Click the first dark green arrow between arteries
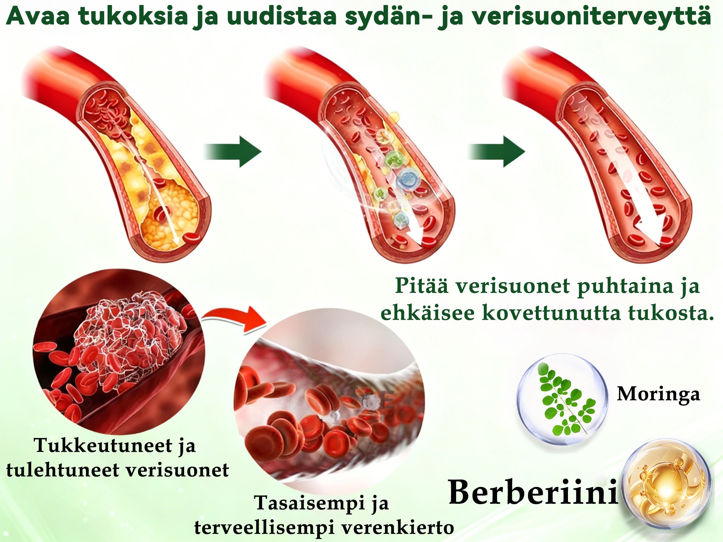point(233,152)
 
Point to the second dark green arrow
point(496,152)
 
